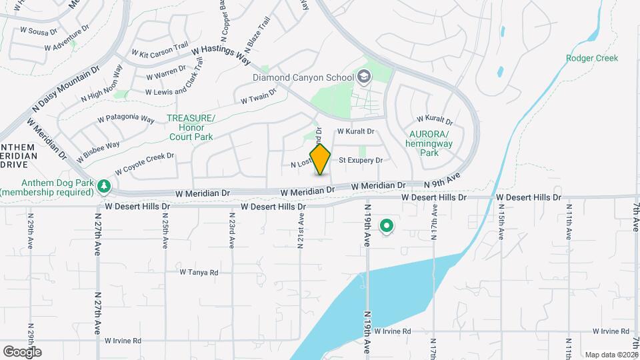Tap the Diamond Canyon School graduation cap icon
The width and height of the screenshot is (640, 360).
[x=363, y=77]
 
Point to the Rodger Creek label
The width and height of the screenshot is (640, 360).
[x=592, y=58]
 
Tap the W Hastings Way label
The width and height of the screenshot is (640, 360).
[x=220, y=55]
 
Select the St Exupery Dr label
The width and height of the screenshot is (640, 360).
[x=361, y=161]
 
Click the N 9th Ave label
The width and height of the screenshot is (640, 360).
[x=443, y=181]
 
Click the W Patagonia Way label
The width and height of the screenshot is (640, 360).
[x=126, y=119]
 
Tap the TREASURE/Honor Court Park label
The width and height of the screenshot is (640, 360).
[x=191, y=127]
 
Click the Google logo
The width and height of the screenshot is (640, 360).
[x=21, y=351]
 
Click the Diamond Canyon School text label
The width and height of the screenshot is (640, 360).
[x=303, y=78]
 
